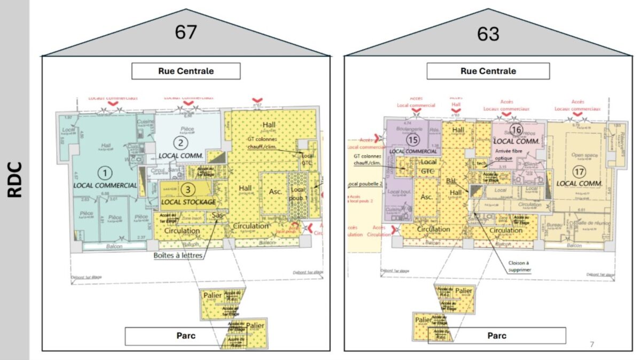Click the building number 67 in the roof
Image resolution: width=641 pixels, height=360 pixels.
(186, 33)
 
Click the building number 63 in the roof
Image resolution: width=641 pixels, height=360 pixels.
(488, 34)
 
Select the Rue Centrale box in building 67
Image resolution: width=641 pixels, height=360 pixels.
(186, 71)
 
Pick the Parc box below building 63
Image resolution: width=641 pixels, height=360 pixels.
(497, 335)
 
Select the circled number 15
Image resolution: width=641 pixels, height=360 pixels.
(412, 139)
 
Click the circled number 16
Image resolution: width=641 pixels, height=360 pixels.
(515, 130)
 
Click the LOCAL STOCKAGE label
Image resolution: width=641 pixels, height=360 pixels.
(188, 202)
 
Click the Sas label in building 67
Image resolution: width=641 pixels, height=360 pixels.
(217, 215)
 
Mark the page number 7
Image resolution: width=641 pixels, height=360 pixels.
(591, 344)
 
